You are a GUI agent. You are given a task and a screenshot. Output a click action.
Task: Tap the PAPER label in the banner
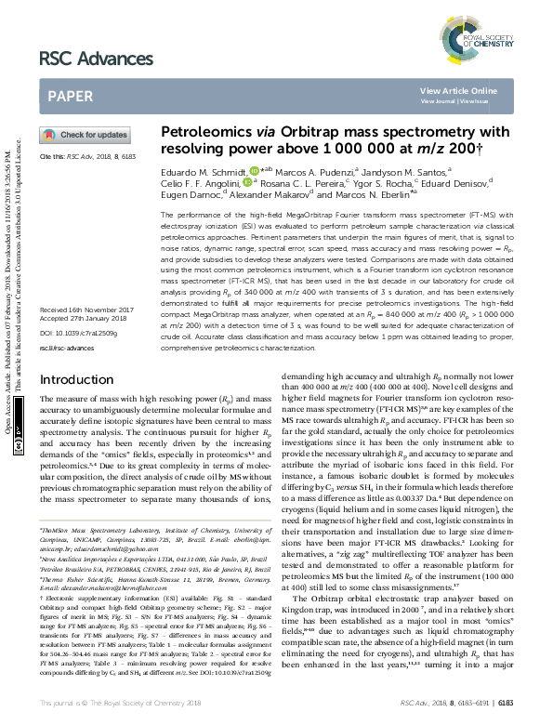tap(70, 96)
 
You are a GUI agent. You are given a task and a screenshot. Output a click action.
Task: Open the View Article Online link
tap(458, 90)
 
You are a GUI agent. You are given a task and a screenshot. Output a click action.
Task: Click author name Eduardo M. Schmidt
tap(202, 171)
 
